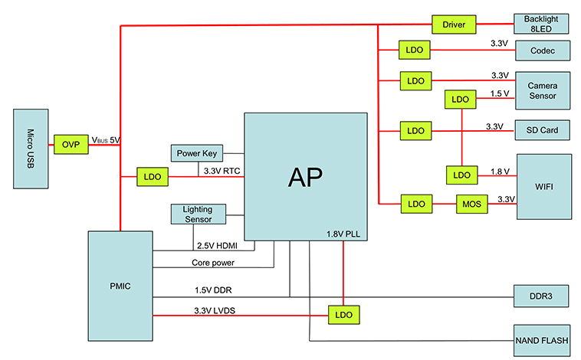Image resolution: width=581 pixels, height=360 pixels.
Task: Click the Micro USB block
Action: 31,148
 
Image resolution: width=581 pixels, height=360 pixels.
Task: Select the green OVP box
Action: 71,143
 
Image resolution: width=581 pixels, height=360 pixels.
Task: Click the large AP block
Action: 304,176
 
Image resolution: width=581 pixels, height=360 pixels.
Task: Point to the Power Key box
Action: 199,153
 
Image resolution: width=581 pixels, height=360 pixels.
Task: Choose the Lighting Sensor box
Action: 199,214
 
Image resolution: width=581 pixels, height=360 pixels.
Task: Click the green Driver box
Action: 455,25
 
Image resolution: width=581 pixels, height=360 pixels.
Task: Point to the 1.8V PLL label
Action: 343,233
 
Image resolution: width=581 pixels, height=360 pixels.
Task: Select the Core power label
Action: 213,263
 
